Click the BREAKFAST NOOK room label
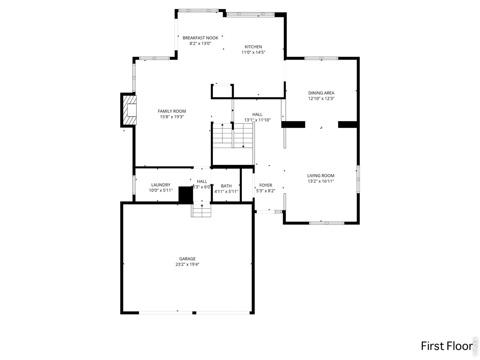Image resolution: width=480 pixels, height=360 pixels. tap(200, 38)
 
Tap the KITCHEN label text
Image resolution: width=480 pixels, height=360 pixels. tap(253, 47)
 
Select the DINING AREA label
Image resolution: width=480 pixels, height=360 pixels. tap(321, 93)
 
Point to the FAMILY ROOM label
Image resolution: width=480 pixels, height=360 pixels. tap(172, 111)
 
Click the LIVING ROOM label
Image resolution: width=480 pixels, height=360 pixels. tap(321, 175)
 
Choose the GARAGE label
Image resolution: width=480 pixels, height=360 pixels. tap(187, 259)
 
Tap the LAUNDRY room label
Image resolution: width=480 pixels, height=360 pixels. tap(160, 185)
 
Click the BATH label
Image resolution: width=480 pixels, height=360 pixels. tap(226, 186)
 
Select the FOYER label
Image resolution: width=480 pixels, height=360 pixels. tap(265, 185)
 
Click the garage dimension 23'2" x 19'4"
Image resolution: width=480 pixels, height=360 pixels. tap(187, 264)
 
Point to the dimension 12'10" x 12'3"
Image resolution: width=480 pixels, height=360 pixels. tap(321, 99)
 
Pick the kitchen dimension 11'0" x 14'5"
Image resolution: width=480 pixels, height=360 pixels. tap(253, 52)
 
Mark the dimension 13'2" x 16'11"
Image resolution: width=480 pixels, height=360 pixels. tap(321, 181)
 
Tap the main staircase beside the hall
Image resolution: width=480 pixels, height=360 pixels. tap(233, 135)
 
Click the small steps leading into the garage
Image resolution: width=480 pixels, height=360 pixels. tap(202, 210)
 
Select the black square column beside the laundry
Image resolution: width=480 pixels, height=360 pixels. tap(185, 195)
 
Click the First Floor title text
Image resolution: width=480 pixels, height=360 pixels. tap(446, 346)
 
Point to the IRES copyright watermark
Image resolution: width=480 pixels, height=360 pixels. tap(475, 345)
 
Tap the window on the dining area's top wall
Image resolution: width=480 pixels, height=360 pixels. tap(321, 58)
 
